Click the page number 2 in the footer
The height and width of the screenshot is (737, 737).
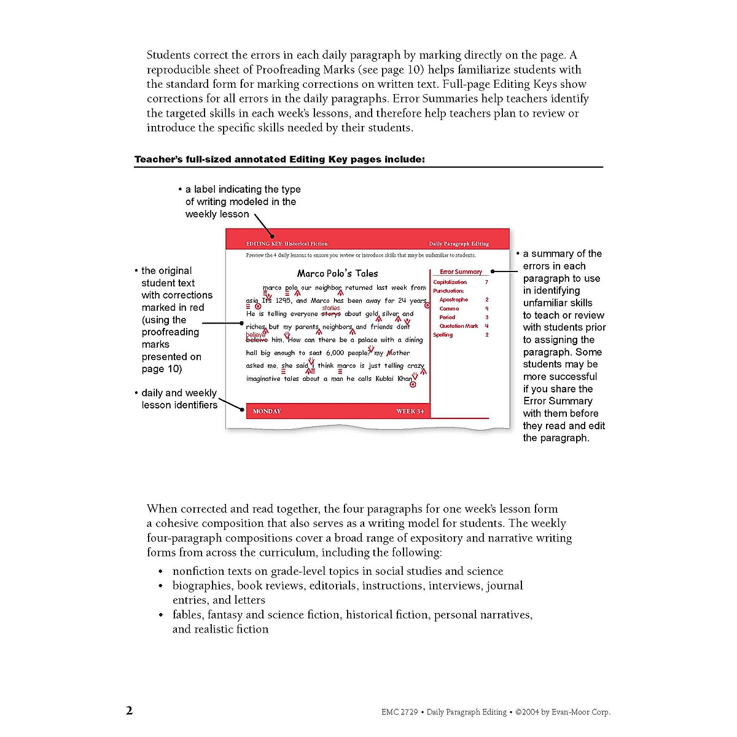tap(129, 711)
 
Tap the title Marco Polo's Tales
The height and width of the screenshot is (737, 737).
tap(337, 273)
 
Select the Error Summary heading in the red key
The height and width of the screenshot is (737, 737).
tap(461, 271)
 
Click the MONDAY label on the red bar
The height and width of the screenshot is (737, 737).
tap(267, 411)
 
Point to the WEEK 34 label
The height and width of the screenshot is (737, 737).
tap(410, 411)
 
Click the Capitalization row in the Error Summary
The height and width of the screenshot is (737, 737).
tap(450, 282)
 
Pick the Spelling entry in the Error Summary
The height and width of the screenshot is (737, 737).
tap(443, 335)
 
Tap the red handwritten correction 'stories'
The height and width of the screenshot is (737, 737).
tap(331, 308)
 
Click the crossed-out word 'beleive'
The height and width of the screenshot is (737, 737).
tap(257, 340)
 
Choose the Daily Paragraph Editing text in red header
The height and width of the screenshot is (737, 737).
tap(459, 244)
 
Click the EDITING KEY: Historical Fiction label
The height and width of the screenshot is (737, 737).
tap(287, 244)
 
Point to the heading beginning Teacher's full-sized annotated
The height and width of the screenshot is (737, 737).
tap(279, 160)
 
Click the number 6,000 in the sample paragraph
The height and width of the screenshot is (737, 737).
tap(335, 353)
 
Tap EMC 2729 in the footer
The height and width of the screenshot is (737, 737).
tap(399, 712)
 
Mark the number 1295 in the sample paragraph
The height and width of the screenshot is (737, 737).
tap(283, 301)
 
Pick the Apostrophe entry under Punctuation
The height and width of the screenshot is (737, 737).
tap(453, 300)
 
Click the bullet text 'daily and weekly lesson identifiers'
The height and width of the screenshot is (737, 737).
tap(179, 399)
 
